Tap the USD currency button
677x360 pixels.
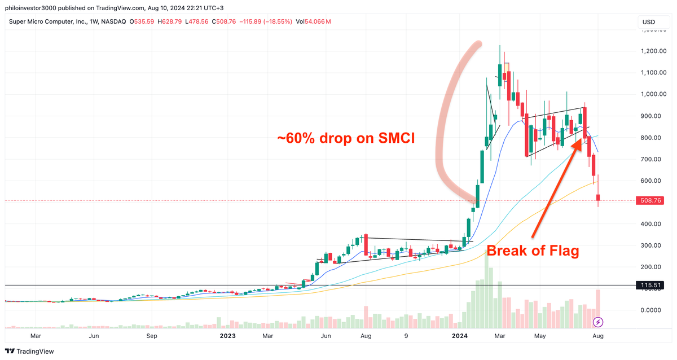648,22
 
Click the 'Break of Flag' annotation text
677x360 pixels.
533,251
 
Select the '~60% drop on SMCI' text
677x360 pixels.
346,138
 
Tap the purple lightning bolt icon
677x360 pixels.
599,322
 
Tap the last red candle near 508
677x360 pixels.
599,197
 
